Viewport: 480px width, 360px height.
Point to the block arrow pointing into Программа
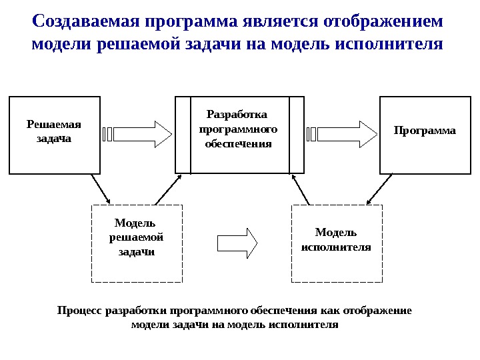point(341,134)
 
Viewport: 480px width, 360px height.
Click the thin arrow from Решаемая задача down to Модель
point(100,188)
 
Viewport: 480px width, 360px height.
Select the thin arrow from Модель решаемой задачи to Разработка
point(167,188)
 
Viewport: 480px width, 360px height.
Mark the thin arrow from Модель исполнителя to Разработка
point(301,188)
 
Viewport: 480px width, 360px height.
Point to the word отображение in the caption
point(378,311)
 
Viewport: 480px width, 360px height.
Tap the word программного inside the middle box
point(239,129)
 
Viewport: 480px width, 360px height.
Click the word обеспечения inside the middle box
point(239,143)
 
